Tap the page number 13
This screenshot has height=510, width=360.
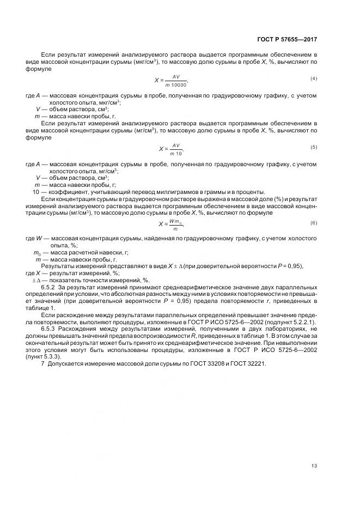pyautogui.click(x=314, y=466)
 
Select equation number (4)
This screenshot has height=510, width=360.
pyautogui.click(x=314, y=79)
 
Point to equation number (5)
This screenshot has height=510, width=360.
pyautogui.click(x=314, y=148)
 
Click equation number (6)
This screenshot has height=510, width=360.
pyautogui.click(x=314, y=223)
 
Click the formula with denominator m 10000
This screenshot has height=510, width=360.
pyautogui.click(x=172, y=81)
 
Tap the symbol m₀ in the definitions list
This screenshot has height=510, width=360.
pyautogui.click(x=37, y=252)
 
